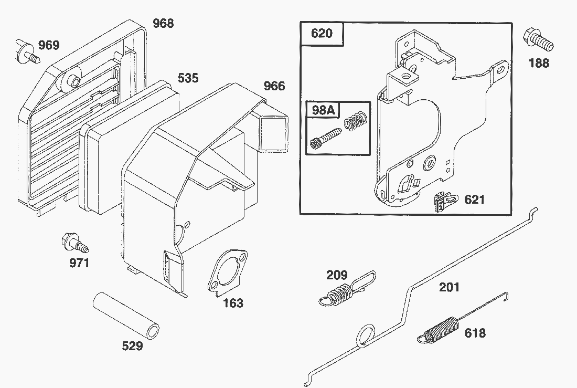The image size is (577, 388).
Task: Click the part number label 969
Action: tap(49, 45)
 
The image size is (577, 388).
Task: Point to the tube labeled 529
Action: tap(126, 315)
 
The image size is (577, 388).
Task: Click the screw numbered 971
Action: tap(74, 242)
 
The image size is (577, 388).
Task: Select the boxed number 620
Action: tap(322, 33)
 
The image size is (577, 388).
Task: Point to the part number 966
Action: tap(274, 86)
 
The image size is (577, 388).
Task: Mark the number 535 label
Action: tap(188, 78)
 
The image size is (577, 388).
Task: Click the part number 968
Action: tap(163, 24)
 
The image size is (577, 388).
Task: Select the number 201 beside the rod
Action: tap(449, 287)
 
